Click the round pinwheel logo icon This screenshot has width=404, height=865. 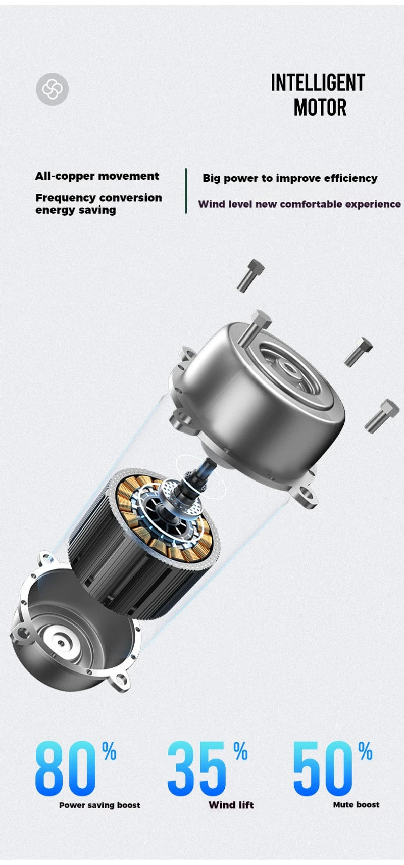point(52,89)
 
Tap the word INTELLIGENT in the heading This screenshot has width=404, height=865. point(318,83)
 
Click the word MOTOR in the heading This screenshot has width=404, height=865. point(320,107)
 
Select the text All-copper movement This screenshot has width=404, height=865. point(97,176)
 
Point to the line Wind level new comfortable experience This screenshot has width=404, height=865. point(299,204)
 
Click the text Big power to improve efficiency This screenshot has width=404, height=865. point(290,178)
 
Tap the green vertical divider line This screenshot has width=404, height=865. point(186,191)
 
